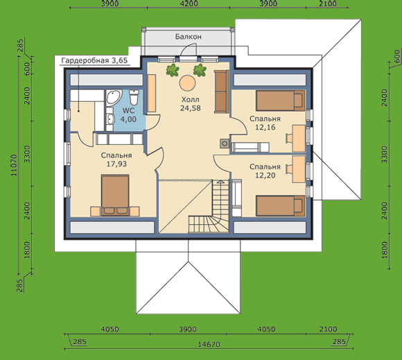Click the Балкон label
pyautogui.click(x=189, y=37)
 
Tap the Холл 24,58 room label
pyautogui.click(x=190, y=103)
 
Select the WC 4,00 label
pyautogui.click(x=128, y=115)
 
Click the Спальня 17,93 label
pyautogui.click(x=116, y=160)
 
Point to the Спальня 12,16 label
pyautogui.click(x=265, y=123)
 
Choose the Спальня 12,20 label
pyautogui.click(x=265, y=171)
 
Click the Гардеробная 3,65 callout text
pyautogui.click(x=94, y=60)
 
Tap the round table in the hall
pyautogui.click(x=187, y=83)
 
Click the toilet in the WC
pyautogui.click(x=134, y=96)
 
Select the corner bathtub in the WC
pyautogui.click(x=114, y=97)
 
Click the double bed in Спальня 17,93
pyautogui.click(x=115, y=196)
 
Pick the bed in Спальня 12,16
pyautogui.click(x=281, y=101)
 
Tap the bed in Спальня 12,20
pyautogui.click(x=281, y=206)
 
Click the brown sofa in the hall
pyautogui.click(x=222, y=92)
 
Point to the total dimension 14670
pyautogui.click(x=209, y=344)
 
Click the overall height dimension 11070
pyautogui.click(x=14, y=165)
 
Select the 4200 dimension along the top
pyautogui.click(x=189, y=3)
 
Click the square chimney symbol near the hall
pyautogui.click(x=225, y=144)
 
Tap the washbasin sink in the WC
pyautogui.click(x=110, y=119)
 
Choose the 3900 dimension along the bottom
pyautogui.click(x=188, y=329)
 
